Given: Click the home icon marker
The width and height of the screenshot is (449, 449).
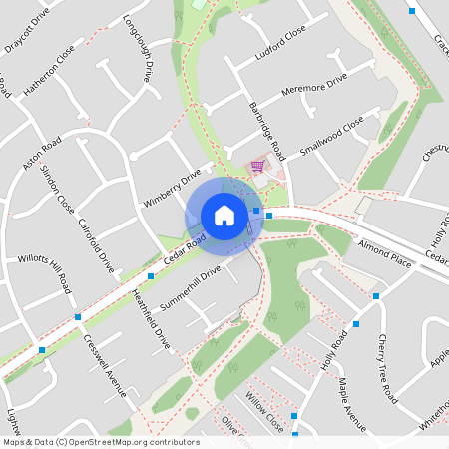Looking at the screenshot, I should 224,215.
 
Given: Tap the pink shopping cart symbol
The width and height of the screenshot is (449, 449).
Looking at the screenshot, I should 257,166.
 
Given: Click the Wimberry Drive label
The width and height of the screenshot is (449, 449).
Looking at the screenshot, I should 172,186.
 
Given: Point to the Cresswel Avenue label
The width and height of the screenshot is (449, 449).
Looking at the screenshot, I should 105,364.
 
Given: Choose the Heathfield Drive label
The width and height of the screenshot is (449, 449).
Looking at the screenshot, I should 151,319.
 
